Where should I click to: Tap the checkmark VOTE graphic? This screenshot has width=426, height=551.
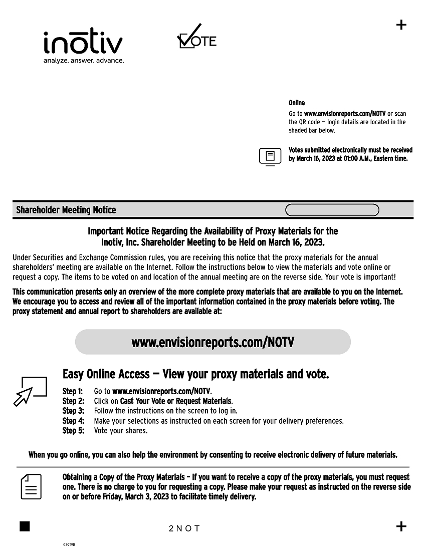(196, 37)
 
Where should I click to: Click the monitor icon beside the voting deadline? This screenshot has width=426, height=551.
(270, 156)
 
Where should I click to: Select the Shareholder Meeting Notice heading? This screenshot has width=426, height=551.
(66, 210)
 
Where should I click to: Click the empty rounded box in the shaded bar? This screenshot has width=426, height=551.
(332, 210)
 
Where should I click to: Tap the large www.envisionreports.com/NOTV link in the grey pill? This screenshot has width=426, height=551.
(212, 342)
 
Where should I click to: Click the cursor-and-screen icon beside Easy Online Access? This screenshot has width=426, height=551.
(31, 391)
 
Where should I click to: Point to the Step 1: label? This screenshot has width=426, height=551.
(72, 391)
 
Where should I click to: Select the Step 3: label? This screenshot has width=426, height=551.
(73, 411)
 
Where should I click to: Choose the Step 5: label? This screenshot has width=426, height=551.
(73, 431)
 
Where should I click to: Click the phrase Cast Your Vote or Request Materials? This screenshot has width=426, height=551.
(176, 401)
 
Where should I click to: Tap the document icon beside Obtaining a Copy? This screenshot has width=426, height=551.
(31, 486)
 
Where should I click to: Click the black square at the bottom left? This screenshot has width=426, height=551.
(25, 526)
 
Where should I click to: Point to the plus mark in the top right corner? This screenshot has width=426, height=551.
(401, 25)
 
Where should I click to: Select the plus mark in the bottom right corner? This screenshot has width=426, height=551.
(401, 526)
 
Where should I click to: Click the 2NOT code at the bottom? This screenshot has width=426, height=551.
(184, 528)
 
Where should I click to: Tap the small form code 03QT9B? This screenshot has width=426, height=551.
(69, 544)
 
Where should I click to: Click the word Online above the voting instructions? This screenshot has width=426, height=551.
(297, 103)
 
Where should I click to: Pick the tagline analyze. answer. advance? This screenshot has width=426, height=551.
(84, 61)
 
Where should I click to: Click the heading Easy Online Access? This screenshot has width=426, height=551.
(106, 374)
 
